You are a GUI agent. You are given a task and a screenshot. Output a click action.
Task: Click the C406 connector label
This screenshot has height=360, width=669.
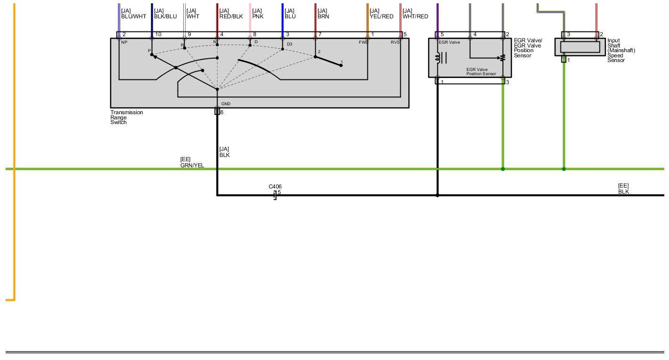tap(275, 187)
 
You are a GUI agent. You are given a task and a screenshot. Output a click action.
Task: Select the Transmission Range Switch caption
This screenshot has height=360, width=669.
tap(126, 117)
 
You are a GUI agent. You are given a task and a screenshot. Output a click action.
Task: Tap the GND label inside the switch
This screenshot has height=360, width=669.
tap(226, 104)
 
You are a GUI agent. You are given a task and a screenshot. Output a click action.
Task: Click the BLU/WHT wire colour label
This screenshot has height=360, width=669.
tap(134, 16)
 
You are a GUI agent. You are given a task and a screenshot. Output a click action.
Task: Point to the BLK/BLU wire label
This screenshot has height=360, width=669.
tap(165, 16)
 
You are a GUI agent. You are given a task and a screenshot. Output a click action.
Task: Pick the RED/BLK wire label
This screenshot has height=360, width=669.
tap(231, 16)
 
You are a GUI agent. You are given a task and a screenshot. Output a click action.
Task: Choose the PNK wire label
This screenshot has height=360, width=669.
tap(258, 16)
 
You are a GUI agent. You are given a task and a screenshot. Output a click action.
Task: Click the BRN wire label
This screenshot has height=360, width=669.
tap(323, 16)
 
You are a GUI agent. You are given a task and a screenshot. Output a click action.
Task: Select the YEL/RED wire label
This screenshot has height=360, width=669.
tap(381, 16)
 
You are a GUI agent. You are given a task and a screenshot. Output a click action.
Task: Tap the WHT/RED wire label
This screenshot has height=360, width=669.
tap(415, 16)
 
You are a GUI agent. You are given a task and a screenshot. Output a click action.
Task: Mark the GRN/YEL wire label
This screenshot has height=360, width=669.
tap(192, 165)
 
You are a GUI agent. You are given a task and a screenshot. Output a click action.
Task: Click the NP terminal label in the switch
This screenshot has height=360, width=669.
tap(124, 43)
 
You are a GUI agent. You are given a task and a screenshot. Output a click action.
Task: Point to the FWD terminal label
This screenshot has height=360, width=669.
tap(363, 43)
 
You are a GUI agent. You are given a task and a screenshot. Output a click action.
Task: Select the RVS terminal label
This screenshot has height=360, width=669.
tap(395, 43)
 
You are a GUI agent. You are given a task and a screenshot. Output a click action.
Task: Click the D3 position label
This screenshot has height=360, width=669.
tap(289, 44)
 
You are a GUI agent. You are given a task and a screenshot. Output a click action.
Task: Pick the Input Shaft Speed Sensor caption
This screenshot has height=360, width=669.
tap(621, 51)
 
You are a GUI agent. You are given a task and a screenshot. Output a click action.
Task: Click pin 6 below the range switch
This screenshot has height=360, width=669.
tap(218, 111)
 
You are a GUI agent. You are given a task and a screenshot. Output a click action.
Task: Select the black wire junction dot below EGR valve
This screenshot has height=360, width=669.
tap(437, 195)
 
